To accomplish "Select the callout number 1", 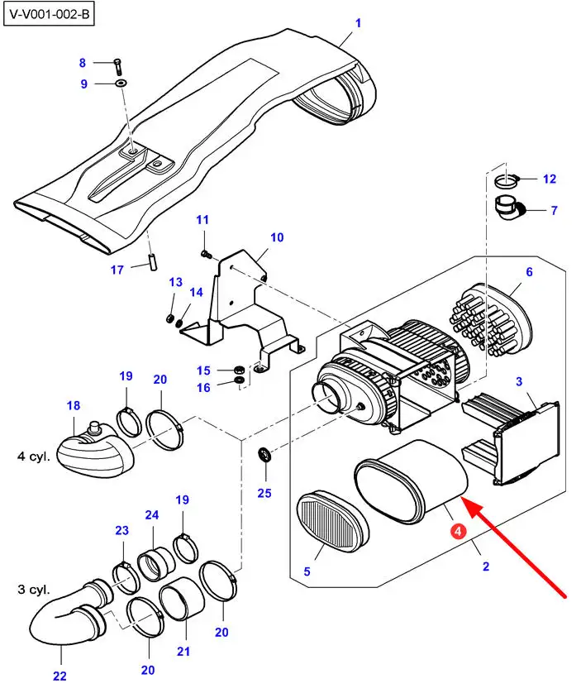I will pos(358,23).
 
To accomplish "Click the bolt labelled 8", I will pos(116,65).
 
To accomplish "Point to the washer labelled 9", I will pos(121,84).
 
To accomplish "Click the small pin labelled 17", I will pos(153,261).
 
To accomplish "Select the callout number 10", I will pos(277,237).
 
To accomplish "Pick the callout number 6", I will pos(529,271).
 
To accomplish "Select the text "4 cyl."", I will pos(34,456).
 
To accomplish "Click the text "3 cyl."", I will pos(34,590).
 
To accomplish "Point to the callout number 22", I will pos(60,676).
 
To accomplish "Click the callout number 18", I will pos(74,405).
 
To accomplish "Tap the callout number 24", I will pos(151,515).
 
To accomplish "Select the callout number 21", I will pos(183,651).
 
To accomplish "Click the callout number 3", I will pos(519,380).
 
